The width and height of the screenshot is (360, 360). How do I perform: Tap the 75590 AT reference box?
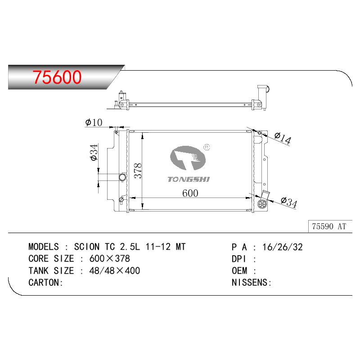click(x=330, y=226)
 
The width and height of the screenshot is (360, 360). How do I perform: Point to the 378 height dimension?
click(x=138, y=171)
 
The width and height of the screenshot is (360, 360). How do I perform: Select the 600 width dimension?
click(x=190, y=193)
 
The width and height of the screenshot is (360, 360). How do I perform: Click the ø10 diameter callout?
click(x=94, y=122)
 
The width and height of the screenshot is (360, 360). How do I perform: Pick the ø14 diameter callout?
click(x=283, y=138)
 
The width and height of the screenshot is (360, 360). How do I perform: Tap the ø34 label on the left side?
click(x=94, y=153)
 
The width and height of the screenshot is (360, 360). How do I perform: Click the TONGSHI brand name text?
click(x=189, y=179)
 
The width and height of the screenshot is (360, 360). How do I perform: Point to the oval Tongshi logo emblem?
click(x=188, y=158)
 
